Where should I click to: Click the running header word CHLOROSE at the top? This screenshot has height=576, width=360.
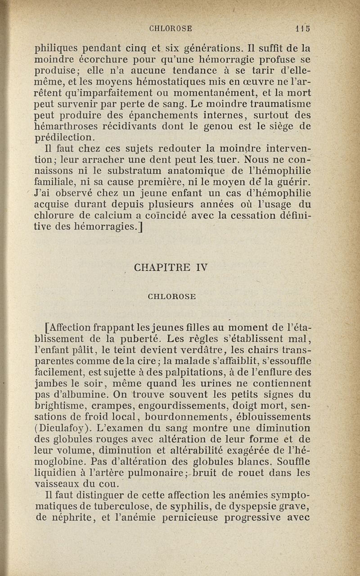(171, 28)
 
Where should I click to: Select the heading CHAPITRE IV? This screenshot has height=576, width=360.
(170, 269)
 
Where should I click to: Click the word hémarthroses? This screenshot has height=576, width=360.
(68, 127)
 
